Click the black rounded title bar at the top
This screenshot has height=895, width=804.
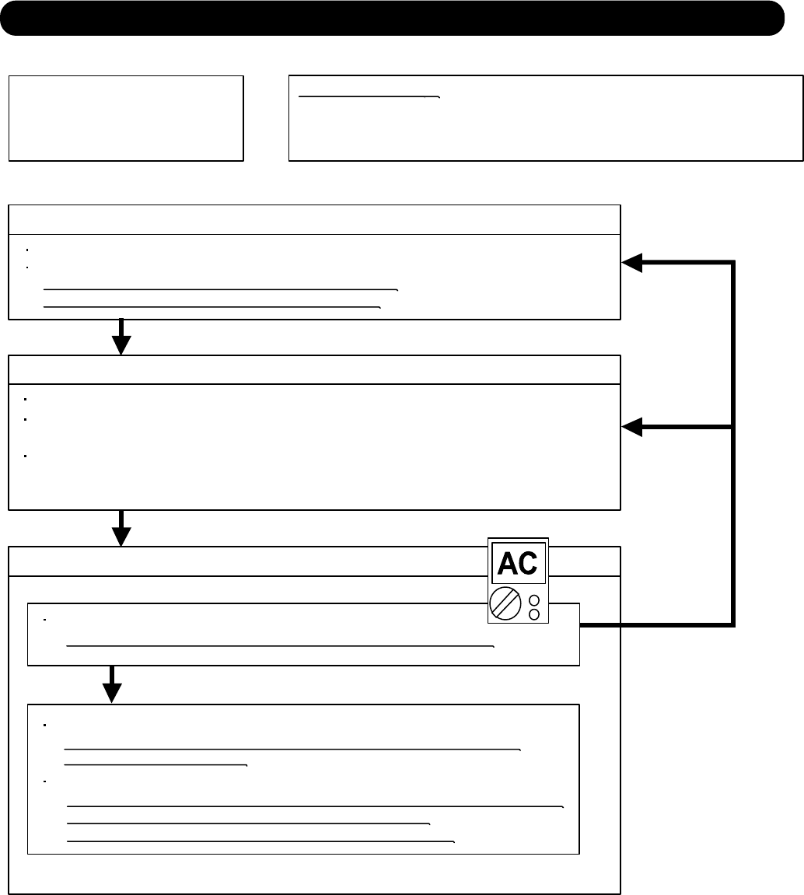point(392,18)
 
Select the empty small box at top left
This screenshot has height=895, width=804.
point(126,118)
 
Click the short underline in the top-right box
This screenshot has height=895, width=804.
point(369,97)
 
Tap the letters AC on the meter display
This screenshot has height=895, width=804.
point(519,563)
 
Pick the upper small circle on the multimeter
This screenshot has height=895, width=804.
point(534,600)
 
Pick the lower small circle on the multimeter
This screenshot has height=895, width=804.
point(534,614)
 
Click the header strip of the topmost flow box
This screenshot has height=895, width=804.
point(314,219)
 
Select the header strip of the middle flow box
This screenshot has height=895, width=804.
point(314,369)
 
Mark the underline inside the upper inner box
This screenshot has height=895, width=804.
point(281,645)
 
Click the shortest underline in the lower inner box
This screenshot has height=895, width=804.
point(156,765)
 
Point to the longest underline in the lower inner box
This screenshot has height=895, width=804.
point(315,807)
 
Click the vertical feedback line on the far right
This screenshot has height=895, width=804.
point(732,443)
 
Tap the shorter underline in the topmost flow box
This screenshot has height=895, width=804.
point(212,307)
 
